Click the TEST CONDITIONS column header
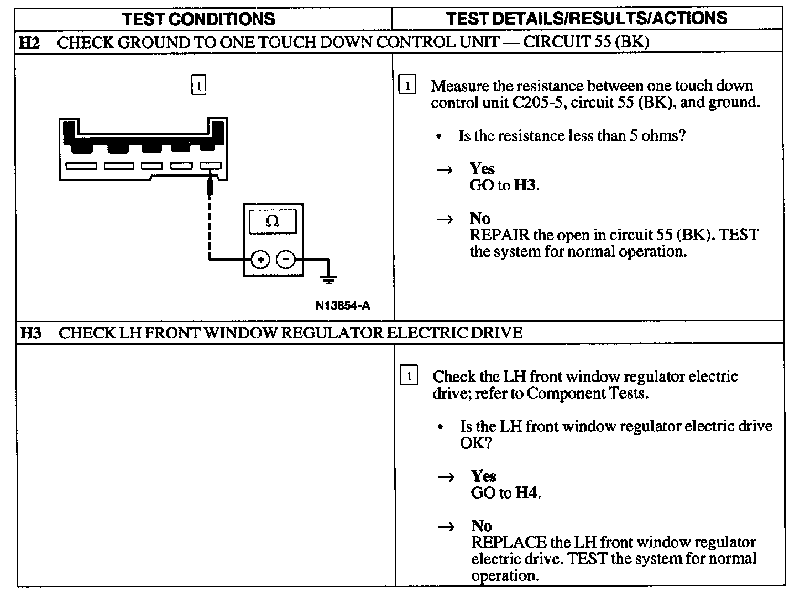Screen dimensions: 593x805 [198, 19]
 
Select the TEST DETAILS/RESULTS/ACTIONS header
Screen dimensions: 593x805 [587, 18]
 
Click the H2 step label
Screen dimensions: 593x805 [29, 43]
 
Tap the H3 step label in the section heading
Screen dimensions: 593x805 [31, 333]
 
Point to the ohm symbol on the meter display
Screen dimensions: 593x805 [273, 221]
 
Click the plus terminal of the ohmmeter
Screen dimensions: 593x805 [261, 259]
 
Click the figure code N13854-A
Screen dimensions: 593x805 [343, 305]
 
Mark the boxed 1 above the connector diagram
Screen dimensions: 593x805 [198, 86]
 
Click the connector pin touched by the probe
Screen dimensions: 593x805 [211, 166]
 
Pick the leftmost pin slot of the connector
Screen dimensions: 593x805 [81, 166]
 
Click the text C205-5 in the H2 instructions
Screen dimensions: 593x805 [536, 103]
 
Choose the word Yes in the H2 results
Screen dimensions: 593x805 [482, 168]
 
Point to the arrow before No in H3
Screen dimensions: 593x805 [446, 527]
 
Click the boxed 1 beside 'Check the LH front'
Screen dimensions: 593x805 [409, 377]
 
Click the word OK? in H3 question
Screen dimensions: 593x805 [475, 443]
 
